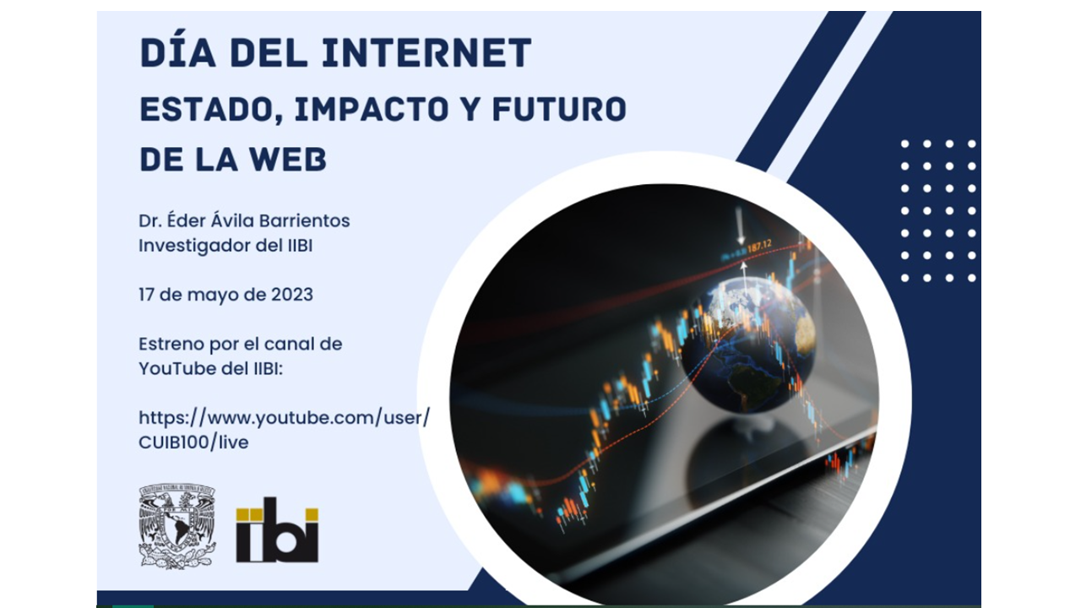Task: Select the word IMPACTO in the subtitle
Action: pos(372,109)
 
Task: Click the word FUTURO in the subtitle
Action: pos(559,109)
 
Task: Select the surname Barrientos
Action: pos(305,220)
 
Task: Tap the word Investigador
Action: pos(194,246)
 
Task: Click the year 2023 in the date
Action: pos(292,295)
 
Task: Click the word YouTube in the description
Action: pos(177,368)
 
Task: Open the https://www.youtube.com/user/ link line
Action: pos(285,418)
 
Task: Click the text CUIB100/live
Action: pos(193,442)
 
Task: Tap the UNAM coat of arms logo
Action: pos(177,526)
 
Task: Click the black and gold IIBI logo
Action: pos(277,529)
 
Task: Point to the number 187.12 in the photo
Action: pos(759,246)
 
